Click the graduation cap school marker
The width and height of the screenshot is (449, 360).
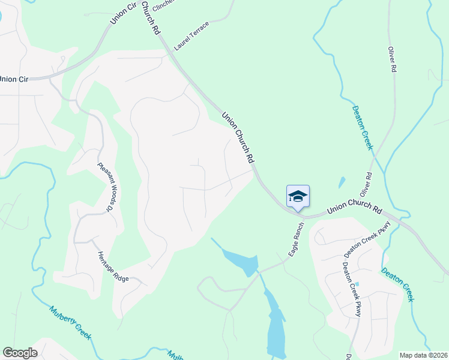[298, 196]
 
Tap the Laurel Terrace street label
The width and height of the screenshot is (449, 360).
[191, 36]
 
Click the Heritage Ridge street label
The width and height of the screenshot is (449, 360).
[113, 267]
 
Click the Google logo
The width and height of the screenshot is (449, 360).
[20, 353]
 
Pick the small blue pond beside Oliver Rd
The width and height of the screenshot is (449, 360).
[342, 182]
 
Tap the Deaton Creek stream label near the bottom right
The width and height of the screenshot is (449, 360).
[397, 284]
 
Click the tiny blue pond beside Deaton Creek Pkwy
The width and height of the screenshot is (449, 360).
[357, 284]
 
